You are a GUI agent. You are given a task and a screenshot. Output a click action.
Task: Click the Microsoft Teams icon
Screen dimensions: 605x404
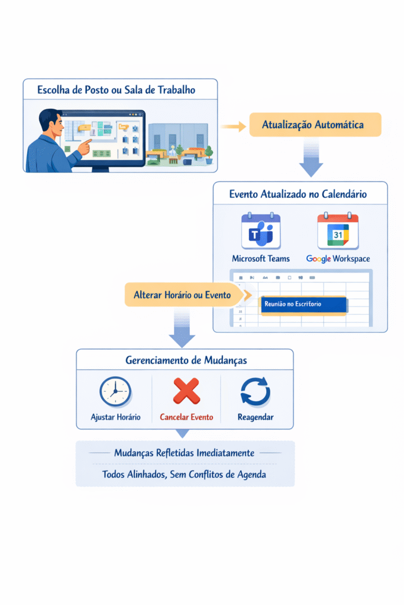pyautogui.click(x=261, y=231)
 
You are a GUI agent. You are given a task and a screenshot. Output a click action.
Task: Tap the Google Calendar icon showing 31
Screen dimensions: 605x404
pyautogui.click(x=338, y=231)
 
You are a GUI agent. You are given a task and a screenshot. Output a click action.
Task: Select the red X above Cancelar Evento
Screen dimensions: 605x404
pyautogui.click(x=186, y=391)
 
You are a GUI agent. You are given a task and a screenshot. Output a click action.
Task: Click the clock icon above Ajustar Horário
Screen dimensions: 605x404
pyautogui.click(x=116, y=392)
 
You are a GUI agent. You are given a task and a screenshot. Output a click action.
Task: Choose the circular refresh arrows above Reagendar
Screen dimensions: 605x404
pyautogui.click(x=256, y=392)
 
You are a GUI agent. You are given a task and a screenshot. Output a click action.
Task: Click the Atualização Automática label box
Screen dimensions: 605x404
pyautogui.click(x=313, y=125)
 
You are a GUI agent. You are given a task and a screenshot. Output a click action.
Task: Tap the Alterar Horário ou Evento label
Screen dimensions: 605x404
pyautogui.click(x=182, y=295)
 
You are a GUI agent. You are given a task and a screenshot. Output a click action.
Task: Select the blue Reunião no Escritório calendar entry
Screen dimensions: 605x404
pyautogui.click(x=303, y=304)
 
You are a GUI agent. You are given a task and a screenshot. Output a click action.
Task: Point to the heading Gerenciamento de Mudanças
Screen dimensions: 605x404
pyautogui.click(x=185, y=360)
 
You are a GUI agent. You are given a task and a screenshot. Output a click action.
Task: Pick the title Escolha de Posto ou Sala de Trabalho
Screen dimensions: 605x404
pyautogui.click(x=117, y=90)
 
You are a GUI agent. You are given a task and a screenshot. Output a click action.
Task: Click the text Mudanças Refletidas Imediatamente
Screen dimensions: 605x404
pyautogui.click(x=185, y=453)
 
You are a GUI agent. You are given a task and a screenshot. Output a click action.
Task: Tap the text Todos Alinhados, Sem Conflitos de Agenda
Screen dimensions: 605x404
pyautogui.click(x=184, y=474)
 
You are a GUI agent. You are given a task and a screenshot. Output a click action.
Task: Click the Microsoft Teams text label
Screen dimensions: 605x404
pyautogui.click(x=261, y=259)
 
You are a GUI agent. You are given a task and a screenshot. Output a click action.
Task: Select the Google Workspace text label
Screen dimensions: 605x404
pyautogui.click(x=338, y=259)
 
